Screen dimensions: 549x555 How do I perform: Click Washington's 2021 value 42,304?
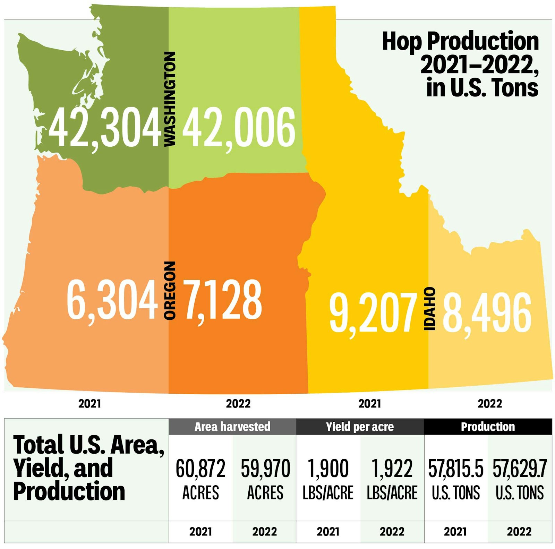(105, 128)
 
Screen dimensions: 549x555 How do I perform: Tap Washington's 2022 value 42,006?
(239, 128)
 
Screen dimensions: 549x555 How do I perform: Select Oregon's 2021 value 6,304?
(112, 300)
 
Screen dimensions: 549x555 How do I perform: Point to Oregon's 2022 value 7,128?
(222, 300)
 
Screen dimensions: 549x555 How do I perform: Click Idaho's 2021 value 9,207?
(373, 312)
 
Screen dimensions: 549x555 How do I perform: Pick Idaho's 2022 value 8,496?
(487, 312)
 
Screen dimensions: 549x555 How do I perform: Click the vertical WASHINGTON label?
(170, 99)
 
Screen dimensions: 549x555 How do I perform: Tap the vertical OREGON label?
(170, 290)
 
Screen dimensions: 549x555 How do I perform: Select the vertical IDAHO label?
(430, 309)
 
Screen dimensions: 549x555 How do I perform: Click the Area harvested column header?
(232, 427)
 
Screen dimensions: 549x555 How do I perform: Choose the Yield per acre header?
(360, 427)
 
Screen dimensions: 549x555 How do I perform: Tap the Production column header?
(488, 427)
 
